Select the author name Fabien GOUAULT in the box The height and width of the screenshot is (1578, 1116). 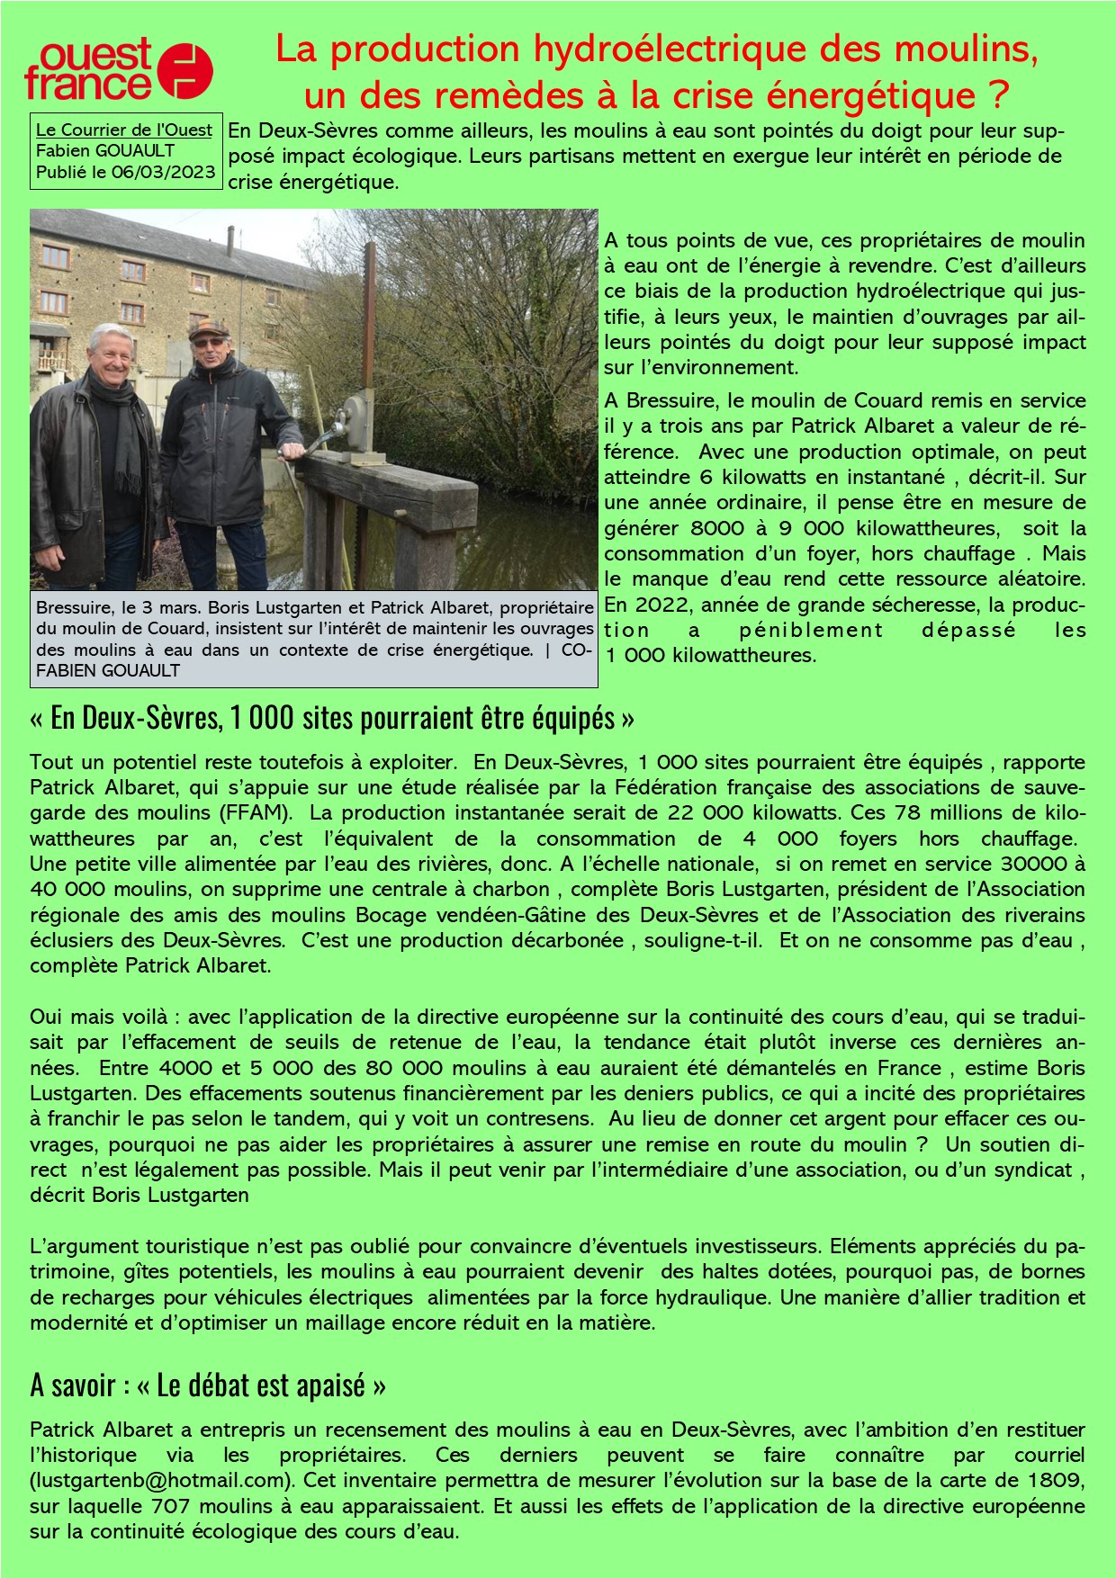click(x=105, y=151)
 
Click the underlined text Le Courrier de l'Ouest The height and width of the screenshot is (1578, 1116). click(x=124, y=130)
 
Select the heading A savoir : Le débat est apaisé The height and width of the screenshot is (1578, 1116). click(x=208, y=1385)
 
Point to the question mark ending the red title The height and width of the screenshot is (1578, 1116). click(x=995, y=94)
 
